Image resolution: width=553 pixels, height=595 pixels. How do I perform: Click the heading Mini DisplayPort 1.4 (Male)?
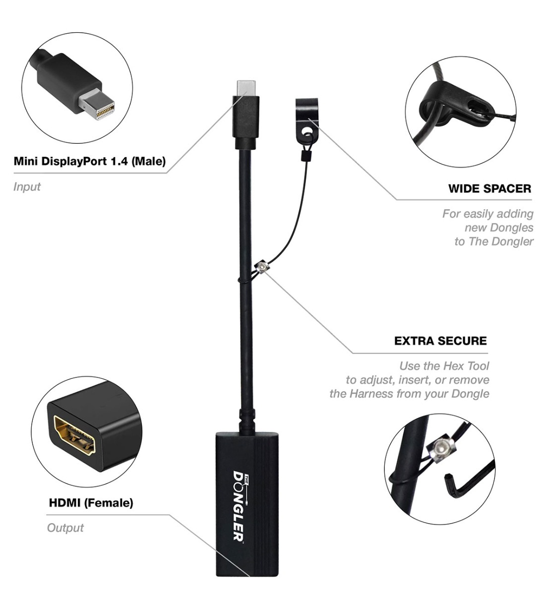tap(90, 162)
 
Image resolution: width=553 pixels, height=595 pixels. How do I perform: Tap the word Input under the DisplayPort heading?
tap(27, 186)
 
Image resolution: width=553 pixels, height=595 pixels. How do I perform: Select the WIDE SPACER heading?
tap(490, 188)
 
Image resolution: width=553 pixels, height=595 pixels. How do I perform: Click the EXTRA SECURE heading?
tap(440, 341)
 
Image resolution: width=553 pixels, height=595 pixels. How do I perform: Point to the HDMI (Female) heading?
tap(91, 502)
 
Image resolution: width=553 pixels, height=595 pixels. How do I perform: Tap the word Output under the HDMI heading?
tap(65, 528)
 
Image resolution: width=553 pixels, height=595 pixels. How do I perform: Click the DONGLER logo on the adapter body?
tap(240, 506)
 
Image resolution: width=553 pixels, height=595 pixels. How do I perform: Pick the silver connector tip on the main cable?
tap(246, 88)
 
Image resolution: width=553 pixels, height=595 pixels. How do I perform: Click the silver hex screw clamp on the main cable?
tap(262, 266)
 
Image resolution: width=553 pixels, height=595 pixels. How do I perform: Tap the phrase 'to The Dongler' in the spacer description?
tap(494, 241)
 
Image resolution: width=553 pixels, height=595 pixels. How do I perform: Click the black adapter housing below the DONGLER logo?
tap(247, 560)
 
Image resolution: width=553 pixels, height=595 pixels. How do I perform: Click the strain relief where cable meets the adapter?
tap(247, 420)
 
